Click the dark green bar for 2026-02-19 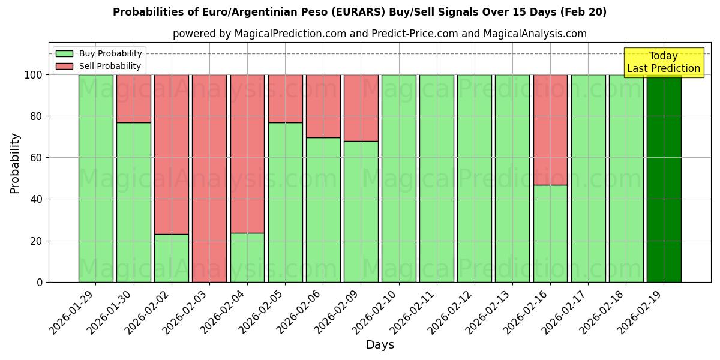click(664, 178)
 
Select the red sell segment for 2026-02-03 click(209, 178)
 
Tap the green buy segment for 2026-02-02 click(172, 258)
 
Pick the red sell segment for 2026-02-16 click(550, 130)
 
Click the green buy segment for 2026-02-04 click(247, 257)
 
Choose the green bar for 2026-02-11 click(436, 178)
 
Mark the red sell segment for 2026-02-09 click(361, 108)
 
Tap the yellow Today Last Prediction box click(663, 62)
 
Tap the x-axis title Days click(380, 345)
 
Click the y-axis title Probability click(15, 163)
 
